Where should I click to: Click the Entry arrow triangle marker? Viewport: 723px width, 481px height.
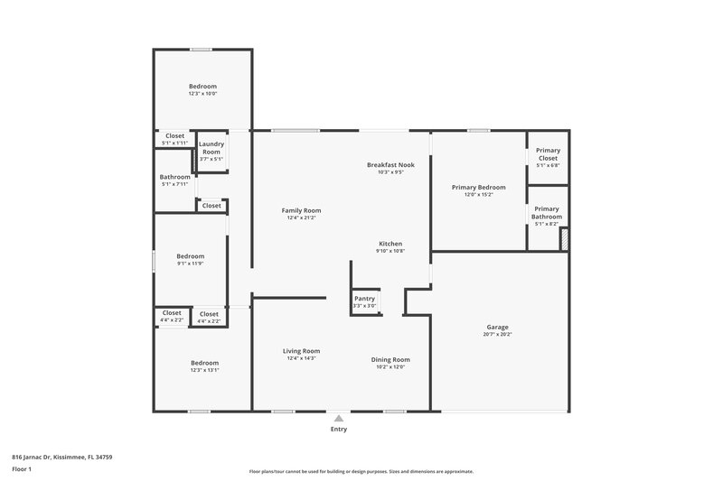click(x=338, y=418)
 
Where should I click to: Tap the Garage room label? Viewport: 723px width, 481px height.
click(x=497, y=328)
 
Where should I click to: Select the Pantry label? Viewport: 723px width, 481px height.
click(x=364, y=299)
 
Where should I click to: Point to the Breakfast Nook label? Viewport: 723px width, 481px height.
click(x=390, y=165)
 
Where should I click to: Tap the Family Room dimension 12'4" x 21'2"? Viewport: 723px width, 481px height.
click(x=301, y=217)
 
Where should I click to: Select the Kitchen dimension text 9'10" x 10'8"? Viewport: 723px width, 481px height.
click(x=390, y=251)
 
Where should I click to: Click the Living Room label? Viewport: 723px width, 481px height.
click(x=301, y=351)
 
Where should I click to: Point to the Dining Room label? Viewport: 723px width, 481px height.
click(x=390, y=359)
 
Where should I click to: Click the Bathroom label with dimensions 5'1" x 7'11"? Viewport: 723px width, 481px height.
click(x=175, y=177)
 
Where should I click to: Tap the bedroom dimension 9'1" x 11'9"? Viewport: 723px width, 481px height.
click(x=190, y=264)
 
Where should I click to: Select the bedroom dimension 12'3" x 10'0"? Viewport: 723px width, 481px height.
click(x=202, y=94)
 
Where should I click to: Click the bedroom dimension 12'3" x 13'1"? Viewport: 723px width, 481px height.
click(x=204, y=370)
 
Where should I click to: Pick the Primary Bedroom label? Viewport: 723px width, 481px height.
click(x=478, y=187)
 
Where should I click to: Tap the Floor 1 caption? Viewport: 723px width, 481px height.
click(x=22, y=469)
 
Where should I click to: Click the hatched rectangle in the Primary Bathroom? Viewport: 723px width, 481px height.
click(x=565, y=238)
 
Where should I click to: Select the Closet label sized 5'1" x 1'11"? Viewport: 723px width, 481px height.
click(x=174, y=136)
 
